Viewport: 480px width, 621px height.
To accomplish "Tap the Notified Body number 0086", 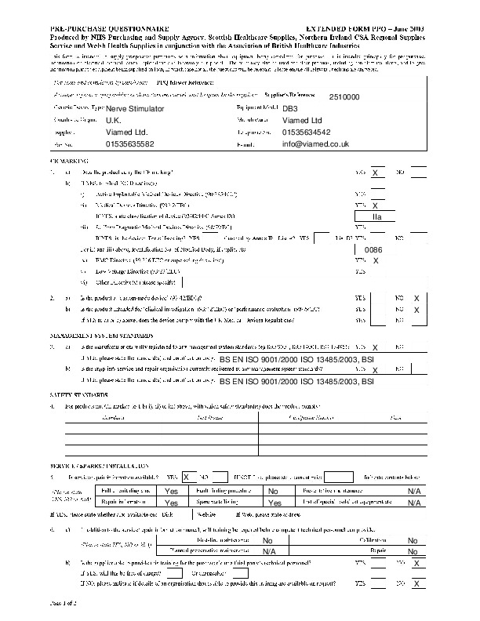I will pos(374,249).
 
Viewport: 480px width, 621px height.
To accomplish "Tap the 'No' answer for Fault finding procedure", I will pos(273,491).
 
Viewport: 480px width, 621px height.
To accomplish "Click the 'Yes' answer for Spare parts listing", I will pos(275,503).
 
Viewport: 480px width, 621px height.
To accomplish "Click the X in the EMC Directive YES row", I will pos(376,260).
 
